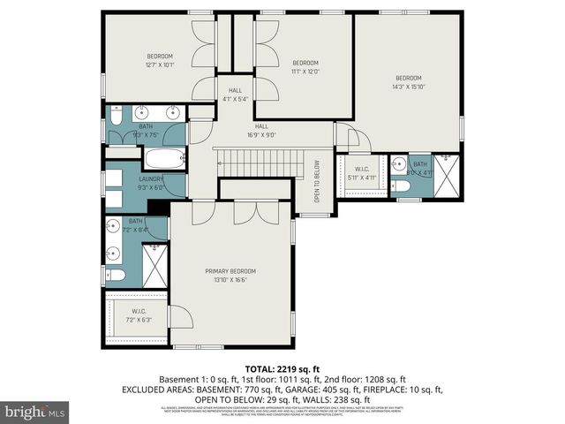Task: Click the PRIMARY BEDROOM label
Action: tap(230, 270)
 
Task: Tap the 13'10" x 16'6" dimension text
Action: tap(230, 280)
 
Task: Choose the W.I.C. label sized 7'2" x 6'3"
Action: tap(139, 310)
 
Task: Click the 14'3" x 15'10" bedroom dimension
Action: tap(408, 87)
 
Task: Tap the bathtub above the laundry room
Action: tap(164, 160)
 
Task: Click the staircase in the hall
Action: tap(260, 162)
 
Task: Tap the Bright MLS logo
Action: tap(35, 412)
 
